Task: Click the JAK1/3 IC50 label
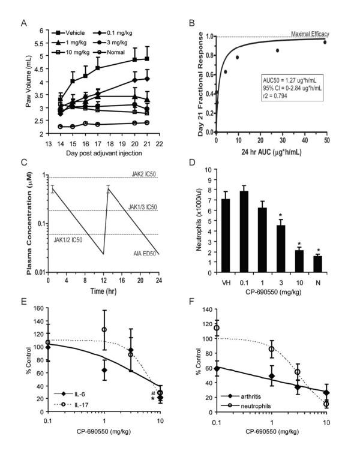(x=142, y=207)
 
